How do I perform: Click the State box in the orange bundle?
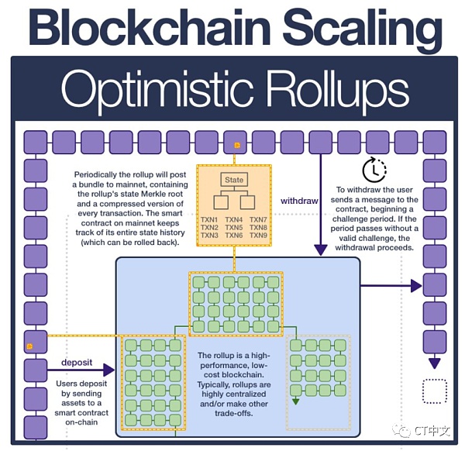(x=233, y=179)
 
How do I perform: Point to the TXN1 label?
(x=209, y=219)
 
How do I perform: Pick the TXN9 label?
(x=258, y=235)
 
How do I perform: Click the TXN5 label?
(x=233, y=227)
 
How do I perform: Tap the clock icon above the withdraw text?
(x=375, y=169)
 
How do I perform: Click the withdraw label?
(x=299, y=200)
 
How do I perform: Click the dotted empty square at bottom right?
(x=434, y=391)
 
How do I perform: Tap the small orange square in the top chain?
(x=236, y=143)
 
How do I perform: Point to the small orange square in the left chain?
(x=29, y=343)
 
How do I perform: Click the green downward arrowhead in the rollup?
(x=296, y=401)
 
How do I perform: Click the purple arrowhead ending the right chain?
(x=435, y=362)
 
